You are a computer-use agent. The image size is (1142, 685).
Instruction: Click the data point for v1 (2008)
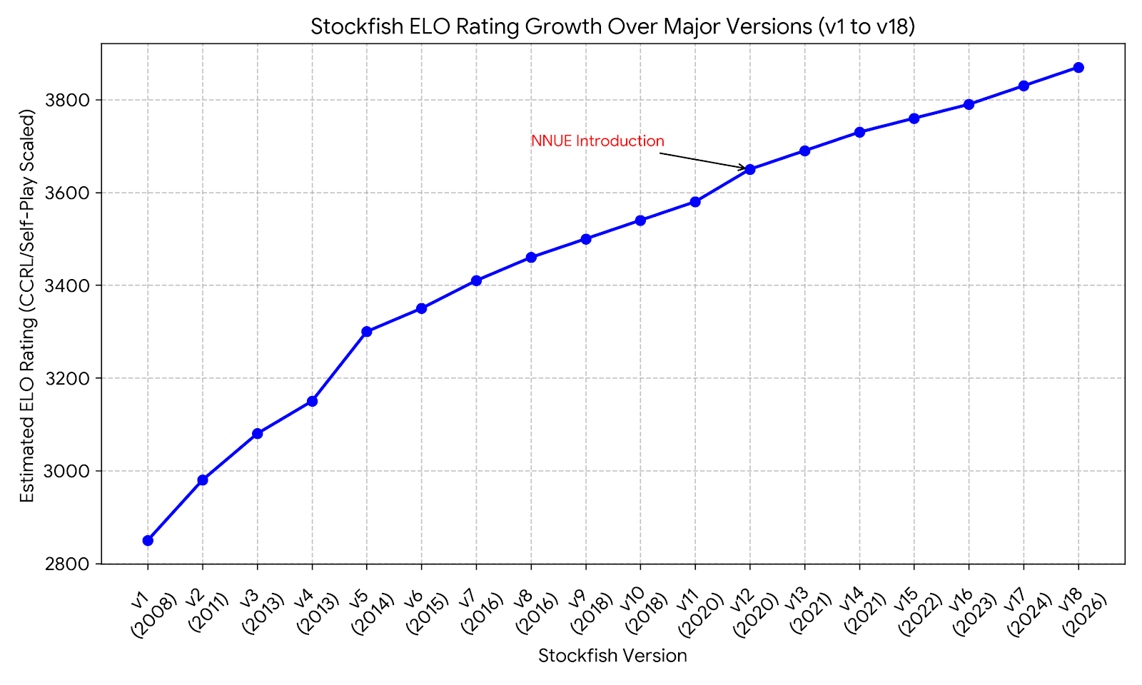(148, 540)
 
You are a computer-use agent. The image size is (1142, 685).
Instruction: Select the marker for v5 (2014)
(367, 332)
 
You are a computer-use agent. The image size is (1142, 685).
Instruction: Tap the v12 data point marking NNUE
(750, 169)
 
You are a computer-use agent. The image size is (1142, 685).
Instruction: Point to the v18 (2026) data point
(1078, 67)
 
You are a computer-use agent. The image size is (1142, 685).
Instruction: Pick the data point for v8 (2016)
(531, 257)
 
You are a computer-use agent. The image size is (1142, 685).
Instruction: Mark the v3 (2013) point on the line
(258, 433)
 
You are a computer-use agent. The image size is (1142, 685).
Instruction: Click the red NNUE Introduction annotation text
(597, 141)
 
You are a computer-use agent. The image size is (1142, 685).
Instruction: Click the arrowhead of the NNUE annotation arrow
(744, 168)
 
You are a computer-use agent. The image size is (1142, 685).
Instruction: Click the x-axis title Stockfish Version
(612, 656)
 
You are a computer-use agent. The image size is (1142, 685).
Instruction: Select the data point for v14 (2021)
(859, 132)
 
